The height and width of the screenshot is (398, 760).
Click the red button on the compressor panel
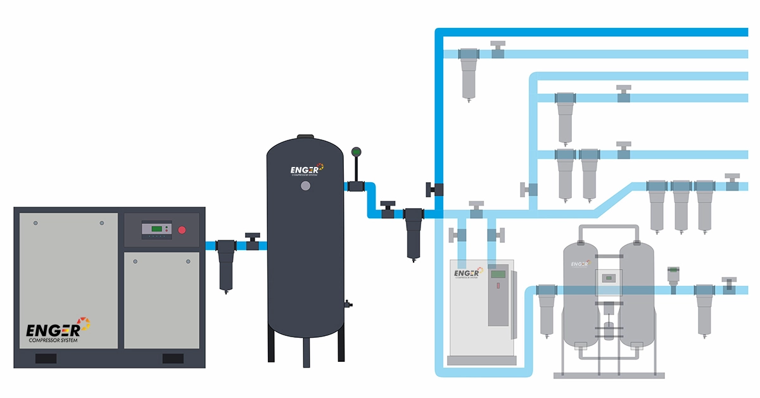coord(182,230)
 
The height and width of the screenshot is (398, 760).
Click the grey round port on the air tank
coord(306,186)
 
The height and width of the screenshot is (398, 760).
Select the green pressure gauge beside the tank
coord(355,152)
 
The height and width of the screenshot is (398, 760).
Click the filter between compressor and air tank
coord(226,263)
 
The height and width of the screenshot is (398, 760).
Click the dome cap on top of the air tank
coord(306,136)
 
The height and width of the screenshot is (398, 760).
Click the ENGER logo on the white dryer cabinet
coord(468,273)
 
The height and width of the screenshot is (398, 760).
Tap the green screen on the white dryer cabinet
coord(498,274)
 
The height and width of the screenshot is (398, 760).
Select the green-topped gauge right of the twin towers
coord(673,277)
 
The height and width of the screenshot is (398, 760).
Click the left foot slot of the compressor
coord(46,359)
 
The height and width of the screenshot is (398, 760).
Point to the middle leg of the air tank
coord(306,351)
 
